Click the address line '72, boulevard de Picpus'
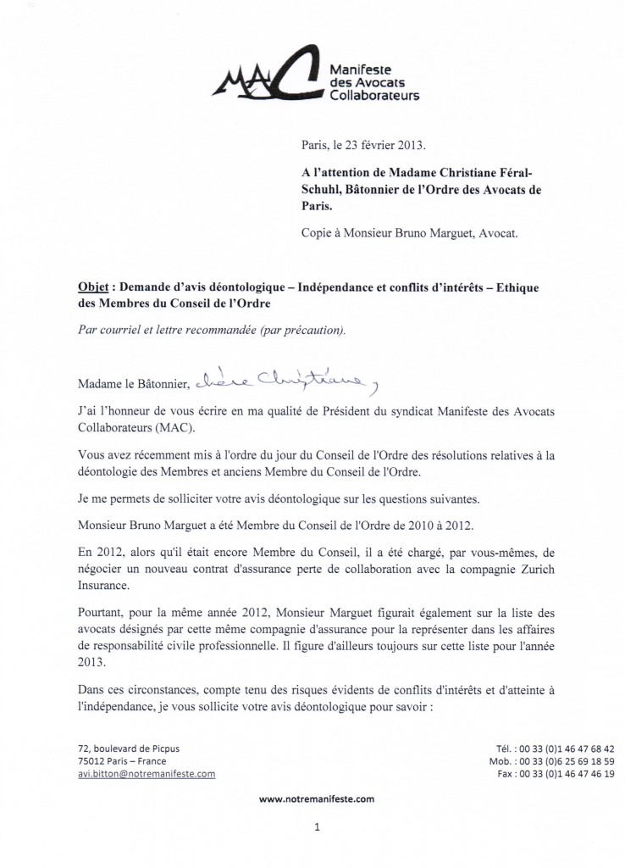(x=128, y=748)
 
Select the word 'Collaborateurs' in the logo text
(x=374, y=96)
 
